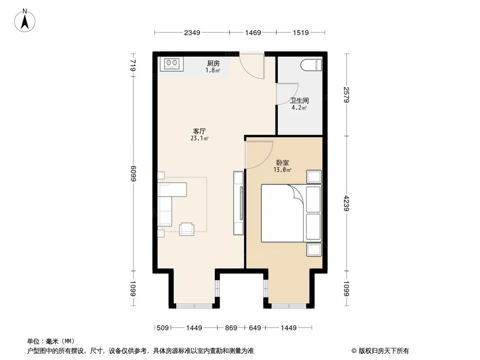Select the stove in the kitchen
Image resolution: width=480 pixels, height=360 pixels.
[172, 64]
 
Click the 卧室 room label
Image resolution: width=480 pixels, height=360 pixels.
[282, 162]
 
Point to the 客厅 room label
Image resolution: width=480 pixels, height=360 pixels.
[199, 131]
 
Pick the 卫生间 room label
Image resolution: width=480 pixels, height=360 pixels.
[299, 101]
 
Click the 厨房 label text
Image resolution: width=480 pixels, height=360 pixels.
[213, 63]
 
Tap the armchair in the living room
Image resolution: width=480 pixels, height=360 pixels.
[187, 229]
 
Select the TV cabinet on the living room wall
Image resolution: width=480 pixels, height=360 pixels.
[238, 203]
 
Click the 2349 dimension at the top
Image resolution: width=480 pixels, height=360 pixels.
[192, 32]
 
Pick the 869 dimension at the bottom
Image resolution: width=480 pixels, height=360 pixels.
[231, 328]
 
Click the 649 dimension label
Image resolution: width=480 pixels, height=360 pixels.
[255, 328]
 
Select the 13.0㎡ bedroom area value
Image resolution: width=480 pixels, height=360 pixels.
[282, 170]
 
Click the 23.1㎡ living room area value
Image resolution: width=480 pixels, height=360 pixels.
[199, 139]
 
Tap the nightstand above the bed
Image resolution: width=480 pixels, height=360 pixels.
[314, 176]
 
